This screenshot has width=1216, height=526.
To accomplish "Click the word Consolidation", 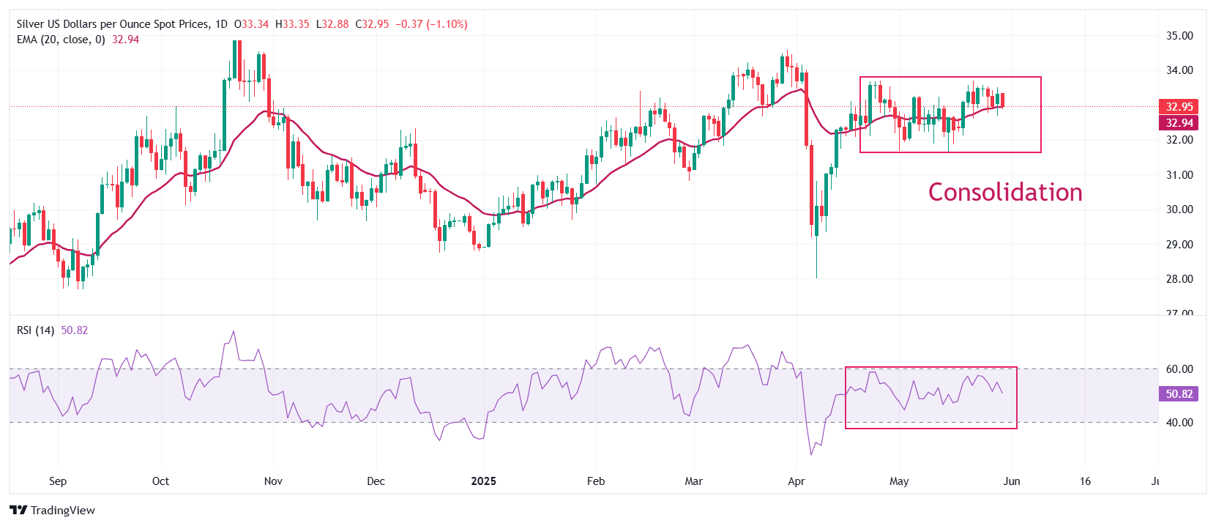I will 1004,192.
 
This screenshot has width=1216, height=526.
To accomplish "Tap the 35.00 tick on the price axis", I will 1179,35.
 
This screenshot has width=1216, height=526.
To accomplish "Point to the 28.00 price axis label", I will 1179,279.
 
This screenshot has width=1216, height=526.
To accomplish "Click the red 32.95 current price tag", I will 1179,107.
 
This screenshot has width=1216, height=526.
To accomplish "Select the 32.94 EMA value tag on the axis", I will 1179,123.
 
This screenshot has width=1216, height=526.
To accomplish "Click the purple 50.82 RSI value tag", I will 1179,394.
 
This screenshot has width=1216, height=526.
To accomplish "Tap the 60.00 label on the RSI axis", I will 1179,369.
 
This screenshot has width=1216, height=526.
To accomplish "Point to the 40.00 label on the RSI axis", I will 1179,423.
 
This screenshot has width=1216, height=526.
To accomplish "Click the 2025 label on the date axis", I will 483,481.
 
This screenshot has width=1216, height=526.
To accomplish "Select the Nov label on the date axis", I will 273,481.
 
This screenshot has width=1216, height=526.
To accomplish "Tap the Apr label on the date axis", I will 796,481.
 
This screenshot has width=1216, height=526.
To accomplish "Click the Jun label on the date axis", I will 1011,481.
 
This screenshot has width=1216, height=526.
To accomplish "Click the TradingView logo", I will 52,511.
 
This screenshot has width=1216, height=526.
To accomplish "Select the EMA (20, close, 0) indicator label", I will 61,40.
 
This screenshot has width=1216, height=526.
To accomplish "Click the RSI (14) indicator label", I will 35,330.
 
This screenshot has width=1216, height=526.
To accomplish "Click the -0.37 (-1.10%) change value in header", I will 431,24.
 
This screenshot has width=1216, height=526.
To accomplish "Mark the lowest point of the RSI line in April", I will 811,455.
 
